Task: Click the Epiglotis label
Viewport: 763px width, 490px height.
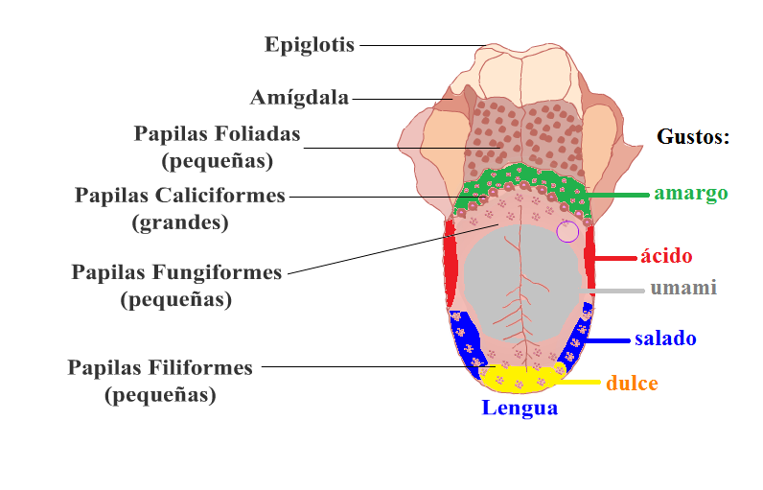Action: tap(310, 45)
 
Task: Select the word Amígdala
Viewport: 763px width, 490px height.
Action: tap(299, 98)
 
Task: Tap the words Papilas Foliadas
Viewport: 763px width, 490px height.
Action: tap(217, 134)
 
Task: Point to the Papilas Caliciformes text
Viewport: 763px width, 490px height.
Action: tap(179, 196)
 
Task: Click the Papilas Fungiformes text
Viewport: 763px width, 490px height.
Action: tap(176, 272)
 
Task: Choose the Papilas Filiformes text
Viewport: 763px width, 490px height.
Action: tap(160, 368)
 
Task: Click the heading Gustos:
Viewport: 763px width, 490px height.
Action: tap(693, 137)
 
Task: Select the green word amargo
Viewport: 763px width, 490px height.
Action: tap(691, 194)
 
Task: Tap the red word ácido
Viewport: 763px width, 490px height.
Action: tap(666, 255)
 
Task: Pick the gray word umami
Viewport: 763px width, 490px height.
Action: tap(683, 288)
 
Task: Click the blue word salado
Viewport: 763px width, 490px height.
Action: tap(665, 338)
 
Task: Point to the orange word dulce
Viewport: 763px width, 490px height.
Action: tap(632, 383)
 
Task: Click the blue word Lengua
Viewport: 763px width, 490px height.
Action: tap(520, 408)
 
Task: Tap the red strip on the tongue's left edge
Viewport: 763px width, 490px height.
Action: tap(451, 263)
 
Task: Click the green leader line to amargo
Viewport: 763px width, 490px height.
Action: tap(617, 195)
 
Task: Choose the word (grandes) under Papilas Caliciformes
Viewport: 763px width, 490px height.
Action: tap(180, 222)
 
